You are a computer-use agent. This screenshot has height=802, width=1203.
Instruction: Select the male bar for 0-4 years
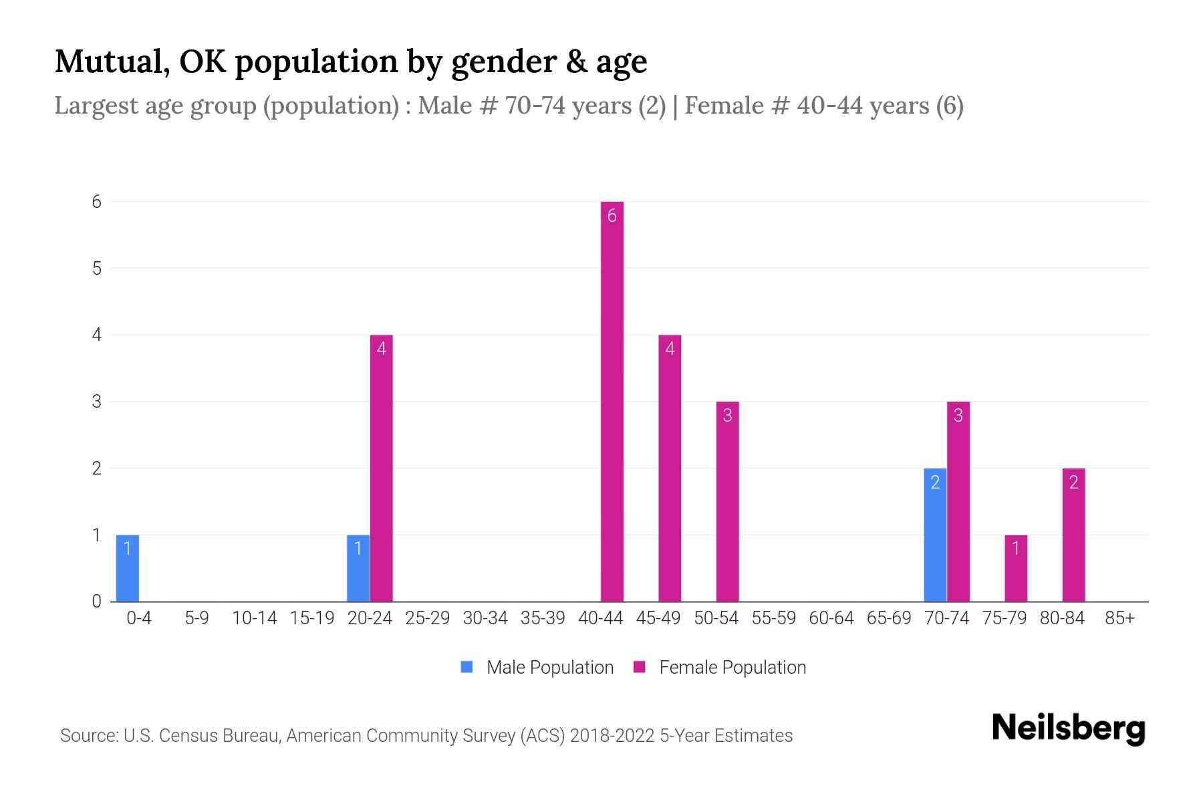coord(128,568)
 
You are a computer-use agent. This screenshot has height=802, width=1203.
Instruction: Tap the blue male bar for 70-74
coord(935,535)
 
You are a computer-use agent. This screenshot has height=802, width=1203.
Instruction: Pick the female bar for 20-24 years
coord(381,468)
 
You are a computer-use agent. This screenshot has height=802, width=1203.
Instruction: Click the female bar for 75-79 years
coord(1016,568)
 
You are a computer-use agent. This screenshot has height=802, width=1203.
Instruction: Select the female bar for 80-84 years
coord(1073,535)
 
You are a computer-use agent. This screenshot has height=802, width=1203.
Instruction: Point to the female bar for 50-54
coord(727,501)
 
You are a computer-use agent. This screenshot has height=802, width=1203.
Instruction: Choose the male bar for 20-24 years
coord(358,568)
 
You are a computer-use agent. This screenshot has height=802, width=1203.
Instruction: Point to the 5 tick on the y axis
coord(97,269)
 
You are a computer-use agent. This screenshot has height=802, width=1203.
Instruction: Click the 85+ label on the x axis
coord(1119,618)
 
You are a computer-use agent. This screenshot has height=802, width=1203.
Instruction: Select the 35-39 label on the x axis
coord(543,618)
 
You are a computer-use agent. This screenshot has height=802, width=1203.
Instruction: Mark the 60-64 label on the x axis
coord(831,618)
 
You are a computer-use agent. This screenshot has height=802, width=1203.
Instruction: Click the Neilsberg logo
coord(1068,728)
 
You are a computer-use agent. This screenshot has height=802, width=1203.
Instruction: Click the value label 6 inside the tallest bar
coord(612,216)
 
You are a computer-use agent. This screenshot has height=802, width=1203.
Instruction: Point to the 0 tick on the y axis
coord(97,601)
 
